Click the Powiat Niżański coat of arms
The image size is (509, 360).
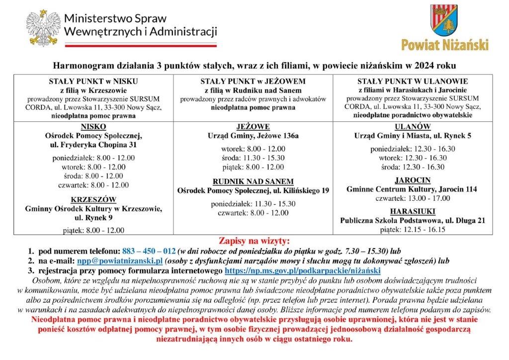click(444, 21)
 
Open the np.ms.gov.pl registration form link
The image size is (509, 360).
click(303, 270)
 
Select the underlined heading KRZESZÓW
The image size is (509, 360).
click(93, 199)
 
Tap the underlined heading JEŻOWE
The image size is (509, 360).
click(253, 126)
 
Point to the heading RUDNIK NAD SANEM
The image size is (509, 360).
click(253, 181)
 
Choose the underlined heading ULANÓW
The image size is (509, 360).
click(412, 126)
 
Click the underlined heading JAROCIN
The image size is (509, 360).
click(412, 180)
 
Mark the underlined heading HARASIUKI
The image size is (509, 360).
click(412, 211)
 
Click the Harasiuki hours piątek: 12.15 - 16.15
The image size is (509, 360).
click(412, 229)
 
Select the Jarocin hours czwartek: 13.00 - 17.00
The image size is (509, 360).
click(412, 198)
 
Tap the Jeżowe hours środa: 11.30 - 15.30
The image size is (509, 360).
click(253, 158)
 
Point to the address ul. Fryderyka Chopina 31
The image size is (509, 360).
click(93, 145)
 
